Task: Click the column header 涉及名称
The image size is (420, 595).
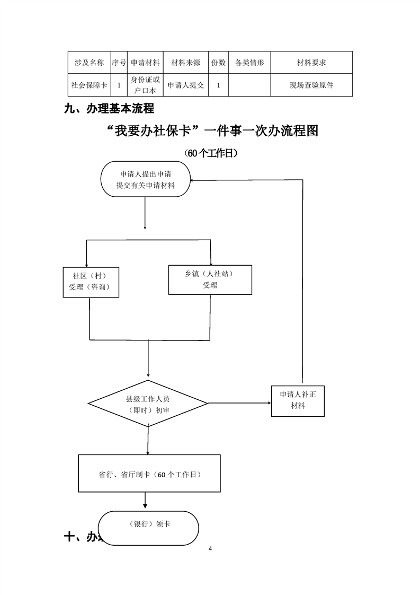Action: coord(89,63)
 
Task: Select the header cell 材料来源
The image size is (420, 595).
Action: coord(185,63)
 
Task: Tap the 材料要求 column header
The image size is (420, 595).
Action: coord(311,63)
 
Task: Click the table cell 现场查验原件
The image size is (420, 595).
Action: coord(311,85)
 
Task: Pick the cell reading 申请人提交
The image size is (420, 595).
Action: coord(185,85)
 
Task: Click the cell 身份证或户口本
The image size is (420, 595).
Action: coord(145,85)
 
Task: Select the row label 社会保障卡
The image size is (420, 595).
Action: coord(89,85)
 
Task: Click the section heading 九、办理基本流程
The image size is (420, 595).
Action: coord(109,109)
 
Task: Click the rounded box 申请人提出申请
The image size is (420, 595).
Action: coord(146,179)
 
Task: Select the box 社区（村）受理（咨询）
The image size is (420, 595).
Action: coord(90,282)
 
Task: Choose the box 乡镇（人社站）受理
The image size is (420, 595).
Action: coord(210,279)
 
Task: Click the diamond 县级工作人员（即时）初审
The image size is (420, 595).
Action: coord(148,405)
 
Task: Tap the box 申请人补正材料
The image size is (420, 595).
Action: coord(298,400)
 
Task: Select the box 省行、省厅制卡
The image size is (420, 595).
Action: coord(149,474)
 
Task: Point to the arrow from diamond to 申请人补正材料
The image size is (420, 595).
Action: coord(238,404)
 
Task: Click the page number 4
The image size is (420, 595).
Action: coord(210,549)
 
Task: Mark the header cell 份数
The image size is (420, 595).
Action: coord(218,63)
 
